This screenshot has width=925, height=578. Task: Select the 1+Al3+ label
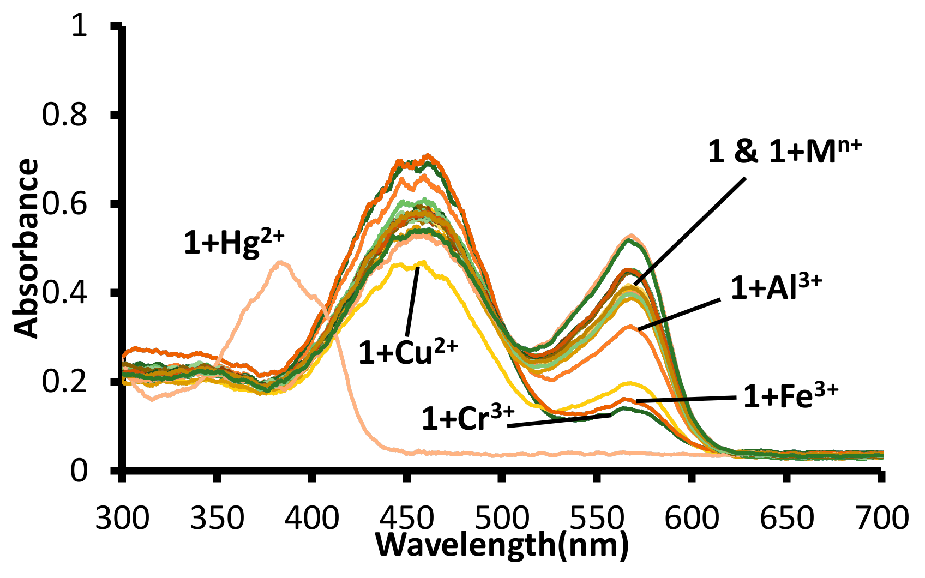(x=776, y=287)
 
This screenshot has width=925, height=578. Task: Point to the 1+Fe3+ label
(x=790, y=396)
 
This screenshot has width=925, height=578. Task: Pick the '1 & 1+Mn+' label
(x=784, y=152)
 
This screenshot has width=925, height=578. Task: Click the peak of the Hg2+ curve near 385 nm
(x=280, y=262)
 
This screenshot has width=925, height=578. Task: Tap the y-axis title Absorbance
(x=26, y=248)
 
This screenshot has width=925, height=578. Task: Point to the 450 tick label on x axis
(x=407, y=518)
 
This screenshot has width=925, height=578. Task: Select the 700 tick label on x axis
(x=881, y=518)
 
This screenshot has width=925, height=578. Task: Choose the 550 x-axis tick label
(x=597, y=518)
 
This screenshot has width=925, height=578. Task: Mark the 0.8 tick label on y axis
(x=64, y=115)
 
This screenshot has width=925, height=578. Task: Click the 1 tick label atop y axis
(x=80, y=26)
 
